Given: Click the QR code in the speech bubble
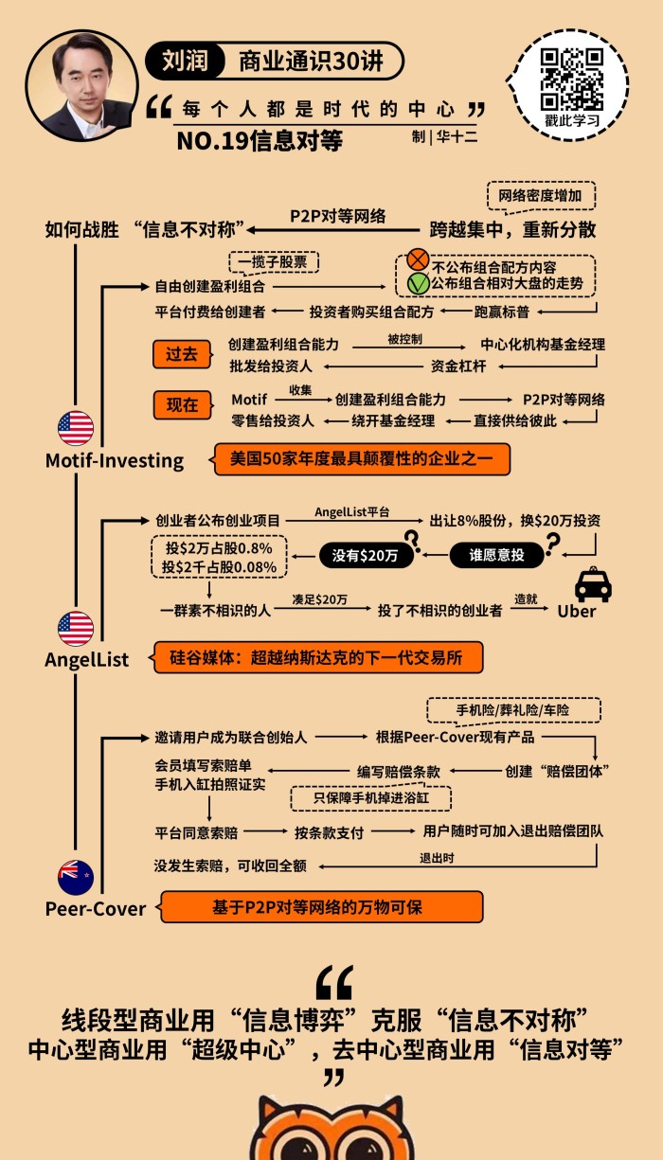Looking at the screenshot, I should (572, 79).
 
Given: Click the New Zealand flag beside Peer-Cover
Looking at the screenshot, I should (76, 877).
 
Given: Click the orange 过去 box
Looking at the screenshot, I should (181, 354).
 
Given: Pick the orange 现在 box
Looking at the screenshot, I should (181, 405).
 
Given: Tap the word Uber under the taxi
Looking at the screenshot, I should (577, 611).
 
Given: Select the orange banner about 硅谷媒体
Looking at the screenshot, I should (319, 657).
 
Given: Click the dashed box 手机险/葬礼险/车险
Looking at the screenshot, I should (513, 709).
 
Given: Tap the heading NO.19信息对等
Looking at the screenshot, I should (259, 141).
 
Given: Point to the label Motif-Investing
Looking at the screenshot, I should (115, 460).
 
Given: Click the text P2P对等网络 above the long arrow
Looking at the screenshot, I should (337, 215).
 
